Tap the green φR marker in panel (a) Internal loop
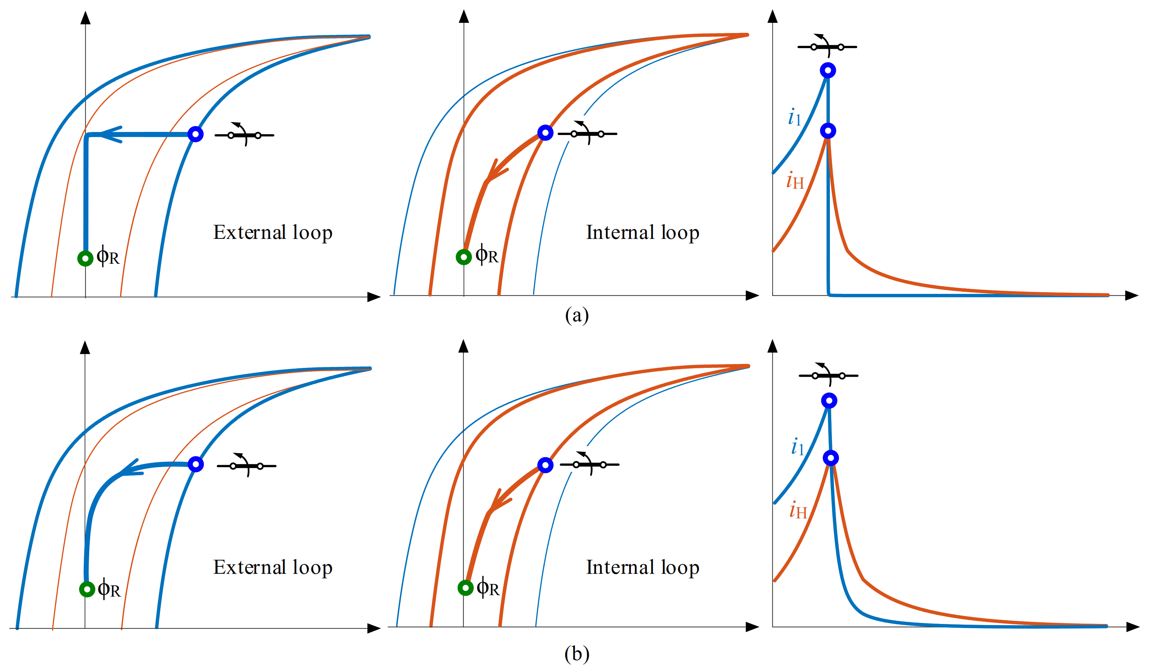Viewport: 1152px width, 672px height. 464,257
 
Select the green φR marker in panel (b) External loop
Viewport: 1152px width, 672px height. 87,589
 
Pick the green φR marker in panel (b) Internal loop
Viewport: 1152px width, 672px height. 465,587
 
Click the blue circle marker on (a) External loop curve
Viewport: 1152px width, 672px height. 196,134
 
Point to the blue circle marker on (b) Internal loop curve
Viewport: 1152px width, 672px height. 545,465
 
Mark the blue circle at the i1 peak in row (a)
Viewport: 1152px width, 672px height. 828,70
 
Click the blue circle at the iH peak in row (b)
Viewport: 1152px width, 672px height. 831,458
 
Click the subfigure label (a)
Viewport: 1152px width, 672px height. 577,315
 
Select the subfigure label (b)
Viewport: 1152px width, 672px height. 577,654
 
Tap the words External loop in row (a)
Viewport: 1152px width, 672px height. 272,233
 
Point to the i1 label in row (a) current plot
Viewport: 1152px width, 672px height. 794,117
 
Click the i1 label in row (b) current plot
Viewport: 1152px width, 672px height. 798,447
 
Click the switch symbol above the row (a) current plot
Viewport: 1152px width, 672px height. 827,47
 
